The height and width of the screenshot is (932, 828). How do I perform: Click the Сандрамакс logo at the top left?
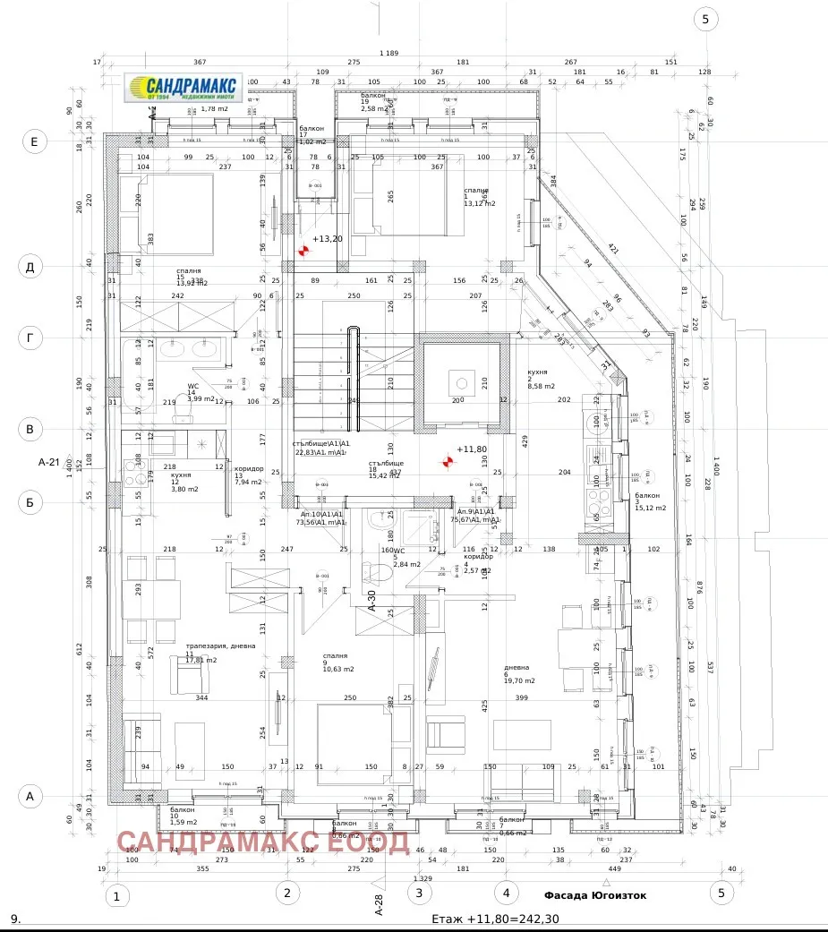(x=184, y=88)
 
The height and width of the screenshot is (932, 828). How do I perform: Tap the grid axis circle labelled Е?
(x=34, y=141)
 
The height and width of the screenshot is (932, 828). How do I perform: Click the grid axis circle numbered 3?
(x=420, y=892)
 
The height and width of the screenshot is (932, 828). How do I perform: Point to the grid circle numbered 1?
(x=115, y=895)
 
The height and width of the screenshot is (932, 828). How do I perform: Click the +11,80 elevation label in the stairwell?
(x=472, y=449)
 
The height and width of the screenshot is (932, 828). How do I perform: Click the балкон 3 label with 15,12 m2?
(x=649, y=501)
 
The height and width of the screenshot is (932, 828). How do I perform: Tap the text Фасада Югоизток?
(x=594, y=894)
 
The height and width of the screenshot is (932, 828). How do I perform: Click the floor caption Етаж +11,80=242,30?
(x=495, y=919)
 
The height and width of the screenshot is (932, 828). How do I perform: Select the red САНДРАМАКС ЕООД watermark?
(x=263, y=842)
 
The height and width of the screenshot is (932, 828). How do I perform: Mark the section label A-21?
(x=49, y=463)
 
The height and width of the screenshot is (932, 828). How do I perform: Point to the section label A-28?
(x=380, y=905)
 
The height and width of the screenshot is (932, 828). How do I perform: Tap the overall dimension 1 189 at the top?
(x=390, y=54)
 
